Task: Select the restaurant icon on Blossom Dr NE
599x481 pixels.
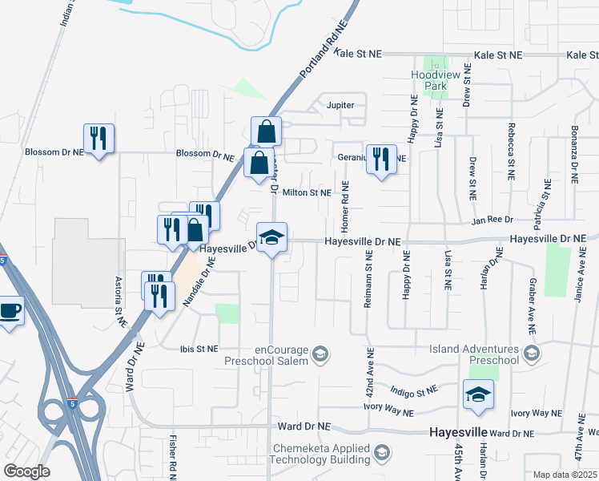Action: pos(99,139)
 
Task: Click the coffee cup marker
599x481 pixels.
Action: pos(10,311)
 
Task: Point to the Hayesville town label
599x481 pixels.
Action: pos(459,431)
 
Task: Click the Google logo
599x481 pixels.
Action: pos(26,471)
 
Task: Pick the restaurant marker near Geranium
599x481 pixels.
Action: pos(381,159)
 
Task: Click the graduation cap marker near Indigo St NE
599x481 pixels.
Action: pos(478,395)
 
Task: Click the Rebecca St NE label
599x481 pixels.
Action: pos(509,150)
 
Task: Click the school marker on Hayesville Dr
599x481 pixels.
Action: pos(272,238)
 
